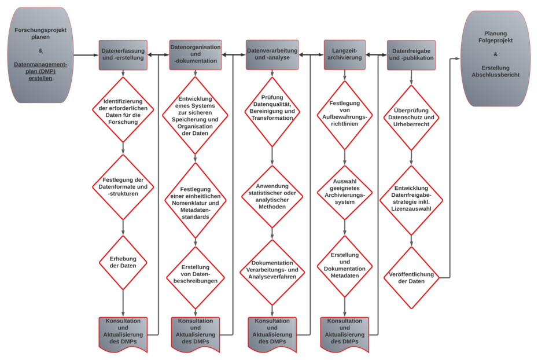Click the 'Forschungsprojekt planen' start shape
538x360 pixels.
point(40,55)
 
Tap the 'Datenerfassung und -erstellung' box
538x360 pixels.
point(123,55)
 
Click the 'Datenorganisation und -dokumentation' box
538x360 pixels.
point(196,55)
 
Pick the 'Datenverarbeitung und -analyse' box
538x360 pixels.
point(272,55)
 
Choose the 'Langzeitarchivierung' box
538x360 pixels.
point(345,55)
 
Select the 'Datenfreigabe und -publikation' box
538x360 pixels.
point(411,54)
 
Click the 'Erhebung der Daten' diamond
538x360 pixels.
point(123,262)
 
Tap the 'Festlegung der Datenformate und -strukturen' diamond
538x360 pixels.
point(123,186)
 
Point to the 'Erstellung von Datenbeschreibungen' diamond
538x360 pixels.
point(196,277)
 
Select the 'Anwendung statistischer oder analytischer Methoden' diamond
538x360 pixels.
point(272,197)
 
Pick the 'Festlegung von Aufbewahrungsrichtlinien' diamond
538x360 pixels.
point(345,115)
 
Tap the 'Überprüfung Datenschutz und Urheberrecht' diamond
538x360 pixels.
point(411,118)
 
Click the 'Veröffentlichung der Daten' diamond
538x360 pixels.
point(411,277)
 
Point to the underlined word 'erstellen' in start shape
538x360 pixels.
point(40,79)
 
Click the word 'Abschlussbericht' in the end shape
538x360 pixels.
point(495,75)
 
